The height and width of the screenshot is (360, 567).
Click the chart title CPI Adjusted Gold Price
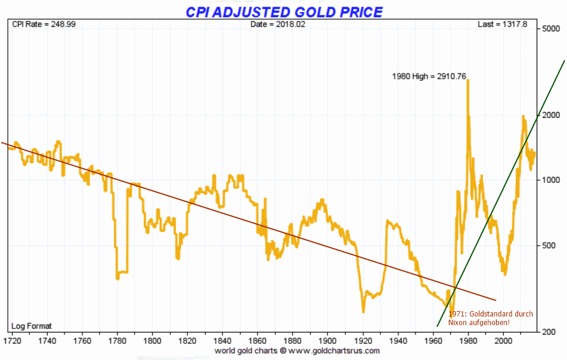click(284, 12)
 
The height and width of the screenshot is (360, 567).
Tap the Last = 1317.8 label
click(503, 24)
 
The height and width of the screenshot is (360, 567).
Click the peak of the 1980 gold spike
click(467, 80)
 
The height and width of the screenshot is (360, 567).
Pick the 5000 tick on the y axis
click(551, 29)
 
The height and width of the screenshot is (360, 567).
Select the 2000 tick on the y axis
click(551, 115)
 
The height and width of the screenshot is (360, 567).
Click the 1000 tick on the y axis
click(551, 180)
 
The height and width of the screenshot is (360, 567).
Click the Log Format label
click(32, 326)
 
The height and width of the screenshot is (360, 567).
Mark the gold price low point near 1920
click(363, 311)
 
